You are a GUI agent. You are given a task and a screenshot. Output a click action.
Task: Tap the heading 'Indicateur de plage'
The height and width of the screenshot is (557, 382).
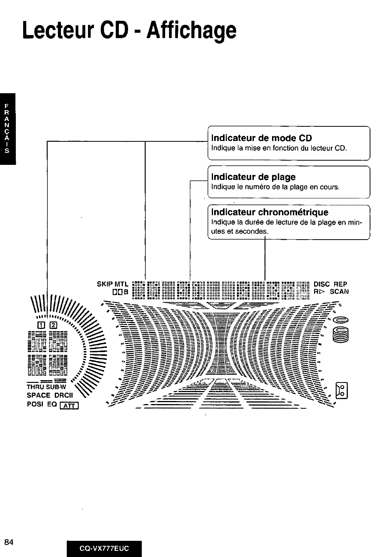[x=254, y=177]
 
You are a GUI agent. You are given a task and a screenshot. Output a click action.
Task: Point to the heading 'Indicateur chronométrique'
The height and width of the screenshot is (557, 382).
[x=270, y=212]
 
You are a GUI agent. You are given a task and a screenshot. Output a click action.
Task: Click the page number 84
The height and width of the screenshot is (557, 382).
[x=9, y=542]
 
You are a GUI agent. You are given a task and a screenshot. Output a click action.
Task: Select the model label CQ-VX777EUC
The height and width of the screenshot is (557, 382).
[x=104, y=549]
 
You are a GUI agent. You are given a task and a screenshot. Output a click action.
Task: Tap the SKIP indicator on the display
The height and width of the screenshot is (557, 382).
[x=104, y=284]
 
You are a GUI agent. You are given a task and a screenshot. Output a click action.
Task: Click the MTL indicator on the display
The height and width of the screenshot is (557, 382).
[x=122, y=284]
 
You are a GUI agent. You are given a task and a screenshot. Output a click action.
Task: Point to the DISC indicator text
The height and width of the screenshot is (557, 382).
[x=322, y=284]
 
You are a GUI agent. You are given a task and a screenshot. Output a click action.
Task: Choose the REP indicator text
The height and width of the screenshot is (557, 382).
[x=341, y=284]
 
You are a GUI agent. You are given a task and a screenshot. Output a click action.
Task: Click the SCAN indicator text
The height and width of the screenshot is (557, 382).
[x=339, y=292]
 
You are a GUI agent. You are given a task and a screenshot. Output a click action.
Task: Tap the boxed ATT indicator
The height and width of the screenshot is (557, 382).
[x=70, y=405]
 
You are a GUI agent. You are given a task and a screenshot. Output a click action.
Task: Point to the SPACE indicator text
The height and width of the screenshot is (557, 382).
[x=39, y=395]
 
